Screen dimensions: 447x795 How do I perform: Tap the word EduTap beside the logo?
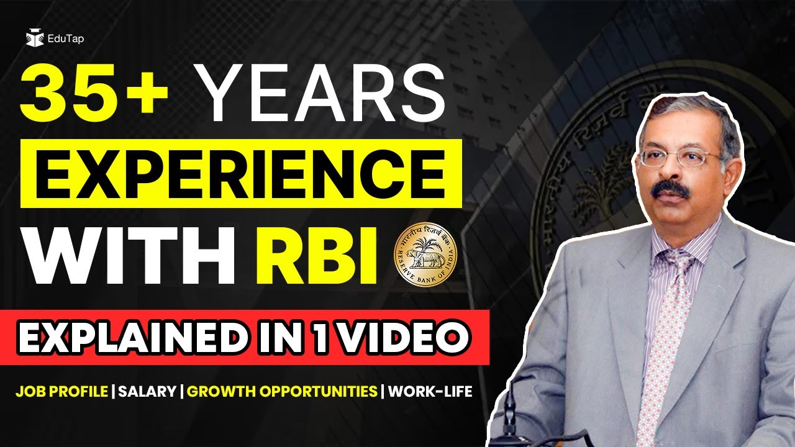point(65,39)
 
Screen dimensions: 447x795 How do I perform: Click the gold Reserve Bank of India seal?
point(425,256)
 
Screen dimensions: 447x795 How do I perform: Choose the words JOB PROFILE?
point(62,392)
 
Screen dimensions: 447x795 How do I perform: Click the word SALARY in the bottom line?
point(147,392)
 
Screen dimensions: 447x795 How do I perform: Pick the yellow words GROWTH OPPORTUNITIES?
point(283,392)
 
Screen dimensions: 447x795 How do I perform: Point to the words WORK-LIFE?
point(430,392)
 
